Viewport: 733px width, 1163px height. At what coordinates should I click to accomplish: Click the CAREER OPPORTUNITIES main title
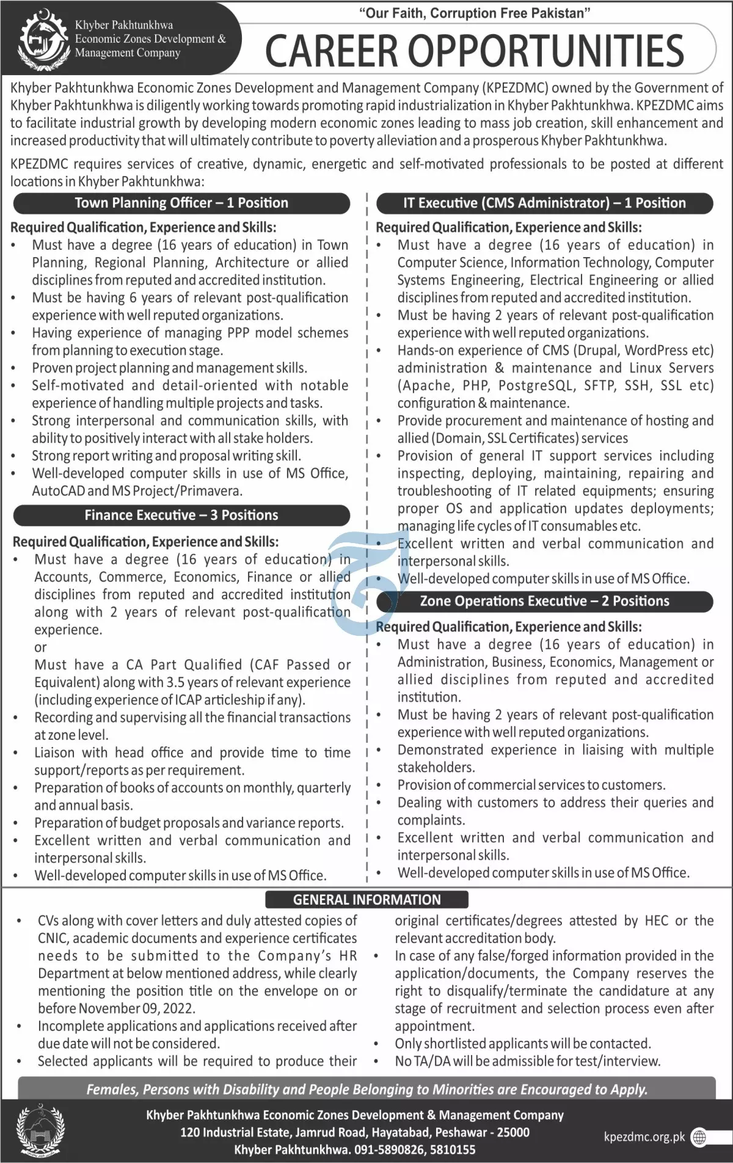[475, 51]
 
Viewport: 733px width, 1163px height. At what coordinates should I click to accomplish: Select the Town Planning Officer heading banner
[181, 203]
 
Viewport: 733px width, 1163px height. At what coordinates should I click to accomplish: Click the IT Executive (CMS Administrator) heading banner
[544, 203]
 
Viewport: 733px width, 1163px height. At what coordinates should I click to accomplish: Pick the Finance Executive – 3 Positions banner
[181, 516]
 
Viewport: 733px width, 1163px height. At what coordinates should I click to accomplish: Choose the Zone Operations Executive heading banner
[544, 602]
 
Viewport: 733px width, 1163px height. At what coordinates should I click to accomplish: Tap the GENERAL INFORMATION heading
[366, 900]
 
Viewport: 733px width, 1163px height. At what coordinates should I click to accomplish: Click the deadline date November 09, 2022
[136, 1008]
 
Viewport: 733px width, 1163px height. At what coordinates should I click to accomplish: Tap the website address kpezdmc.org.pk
[644, 1137]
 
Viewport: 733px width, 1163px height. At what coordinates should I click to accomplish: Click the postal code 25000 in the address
[513, 1132]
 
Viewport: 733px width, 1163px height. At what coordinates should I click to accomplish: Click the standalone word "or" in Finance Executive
[40, 647]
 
